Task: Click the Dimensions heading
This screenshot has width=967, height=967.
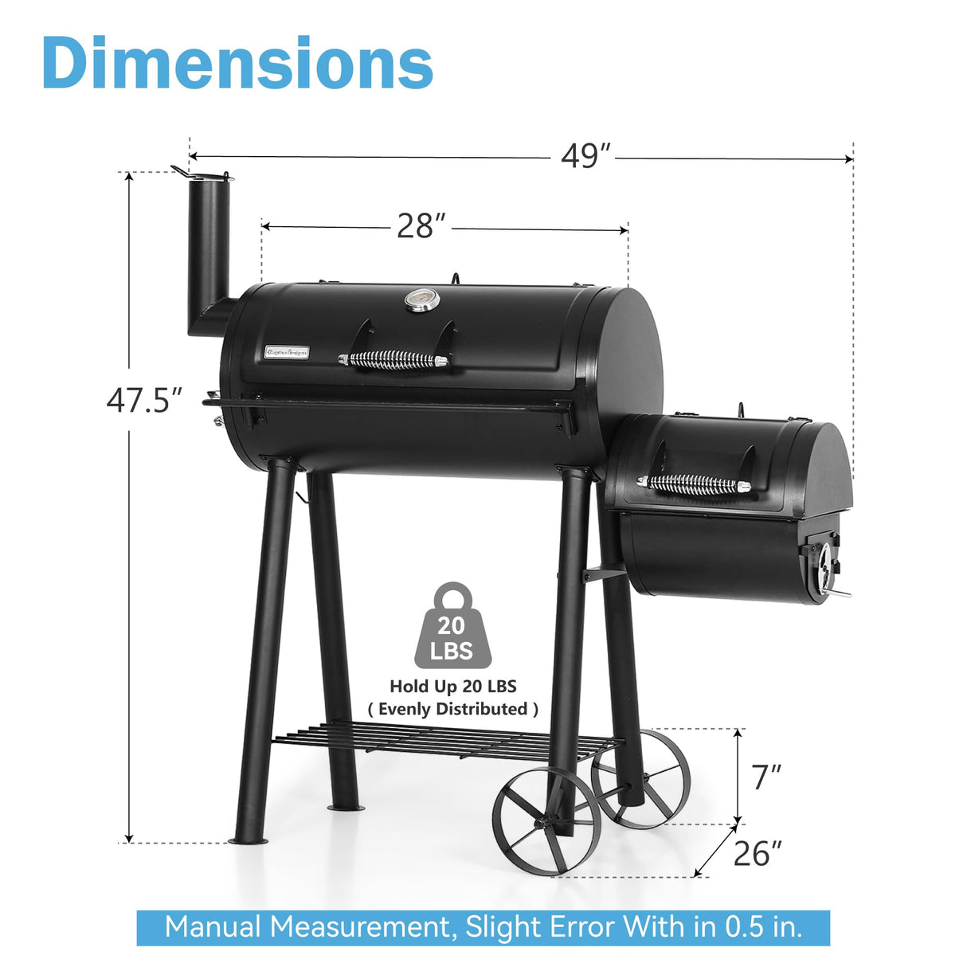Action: coord(237,64)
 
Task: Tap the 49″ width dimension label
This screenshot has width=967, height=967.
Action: coord(585,156)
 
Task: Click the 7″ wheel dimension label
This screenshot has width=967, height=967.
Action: coord(766,777)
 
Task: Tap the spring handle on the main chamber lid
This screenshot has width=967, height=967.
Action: coord(393,360)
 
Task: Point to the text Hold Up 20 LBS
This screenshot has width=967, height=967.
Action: coord(452,686)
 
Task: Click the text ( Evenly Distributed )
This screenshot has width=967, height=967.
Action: coord(452,709)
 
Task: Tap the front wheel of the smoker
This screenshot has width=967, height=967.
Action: coord(546,821)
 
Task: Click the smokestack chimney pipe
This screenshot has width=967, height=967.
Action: coord(208,255)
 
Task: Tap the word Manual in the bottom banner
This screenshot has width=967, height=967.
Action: coord(213,927)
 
